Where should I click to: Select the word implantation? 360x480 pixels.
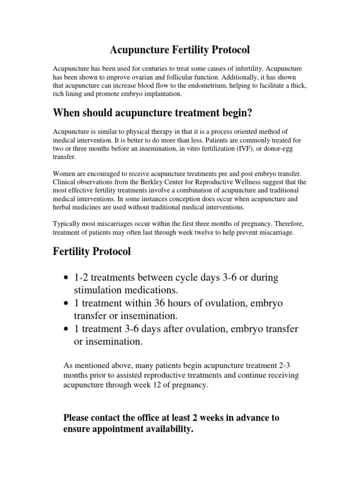[x=157, y=93]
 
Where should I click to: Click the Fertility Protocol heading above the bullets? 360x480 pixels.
[x=91, y=252]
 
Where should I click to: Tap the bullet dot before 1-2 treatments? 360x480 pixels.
[x=67, y=278]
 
